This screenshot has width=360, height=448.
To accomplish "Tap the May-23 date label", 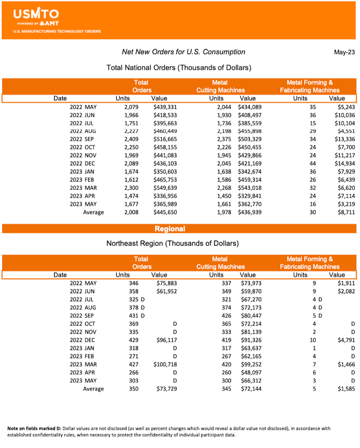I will [344, 52].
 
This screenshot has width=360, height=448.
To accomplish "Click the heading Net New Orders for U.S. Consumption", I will [184, 52].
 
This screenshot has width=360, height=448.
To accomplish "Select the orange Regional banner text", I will [170, 228].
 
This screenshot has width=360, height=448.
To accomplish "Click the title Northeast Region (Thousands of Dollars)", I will [172, 243].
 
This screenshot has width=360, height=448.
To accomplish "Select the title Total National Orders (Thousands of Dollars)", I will [179, 67].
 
